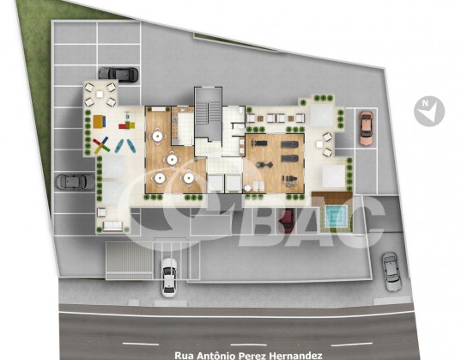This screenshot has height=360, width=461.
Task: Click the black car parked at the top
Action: pyautogui.click(x=118, y=75)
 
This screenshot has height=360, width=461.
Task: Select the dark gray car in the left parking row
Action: pyautogui.click(x=76, y=181)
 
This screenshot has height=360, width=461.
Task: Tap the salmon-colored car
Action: pyautogui.click(x=366, y=128)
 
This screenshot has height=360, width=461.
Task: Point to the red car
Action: pyautogui.click(x=287, y=220)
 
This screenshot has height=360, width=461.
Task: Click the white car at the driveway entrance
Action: pyautogui.click(x=169, y=278)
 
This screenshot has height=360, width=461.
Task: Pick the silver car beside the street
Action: pyautogui.click(x=392, y=272)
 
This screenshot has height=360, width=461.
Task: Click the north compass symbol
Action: pyautogui.click(x=429, y=112)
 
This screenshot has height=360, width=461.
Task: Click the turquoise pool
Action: pyautogui.click(x=337, y=217)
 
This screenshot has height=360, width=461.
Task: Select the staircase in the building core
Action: pyautogui.click(x=208, y=119)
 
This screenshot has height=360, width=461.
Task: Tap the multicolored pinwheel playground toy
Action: pyautogui.click(x=101, y=145)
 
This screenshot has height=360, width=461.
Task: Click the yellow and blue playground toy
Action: pyautogui.click(x=100, y=121)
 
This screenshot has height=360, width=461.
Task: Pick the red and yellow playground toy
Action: pyautogui.click(x=127, y=125)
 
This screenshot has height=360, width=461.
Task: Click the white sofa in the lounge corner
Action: pyautogui.click(x=112, y=226)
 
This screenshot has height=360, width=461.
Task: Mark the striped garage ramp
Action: pyautogui.click(x=130, y=260)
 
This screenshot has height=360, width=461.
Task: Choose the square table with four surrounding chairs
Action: pyautogui.click(x=100, y=95)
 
